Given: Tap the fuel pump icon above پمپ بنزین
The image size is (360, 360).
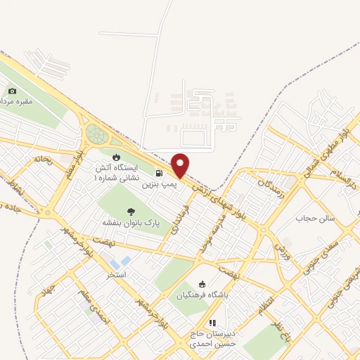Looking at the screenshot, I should click(160, 172).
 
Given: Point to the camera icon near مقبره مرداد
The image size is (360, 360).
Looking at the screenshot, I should click(13, 91).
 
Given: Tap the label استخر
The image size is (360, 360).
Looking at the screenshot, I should click(116, 274).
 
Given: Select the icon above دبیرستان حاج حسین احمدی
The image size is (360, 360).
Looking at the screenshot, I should click(212, 323).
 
